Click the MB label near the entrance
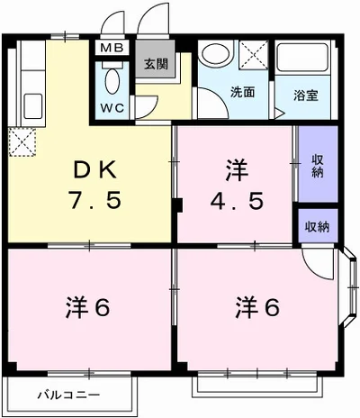pyautogui.click(x=113, y=49)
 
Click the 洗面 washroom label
pyautogui.click(x=242, y=92)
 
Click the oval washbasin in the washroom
pyautogui.click(x=216, y=54)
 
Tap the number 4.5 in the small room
pyautogui.click(x=238, y=200)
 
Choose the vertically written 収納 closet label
pyautogui.click(x=318, y=168)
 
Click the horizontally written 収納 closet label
pyautogui.click(x=317, y=226)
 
